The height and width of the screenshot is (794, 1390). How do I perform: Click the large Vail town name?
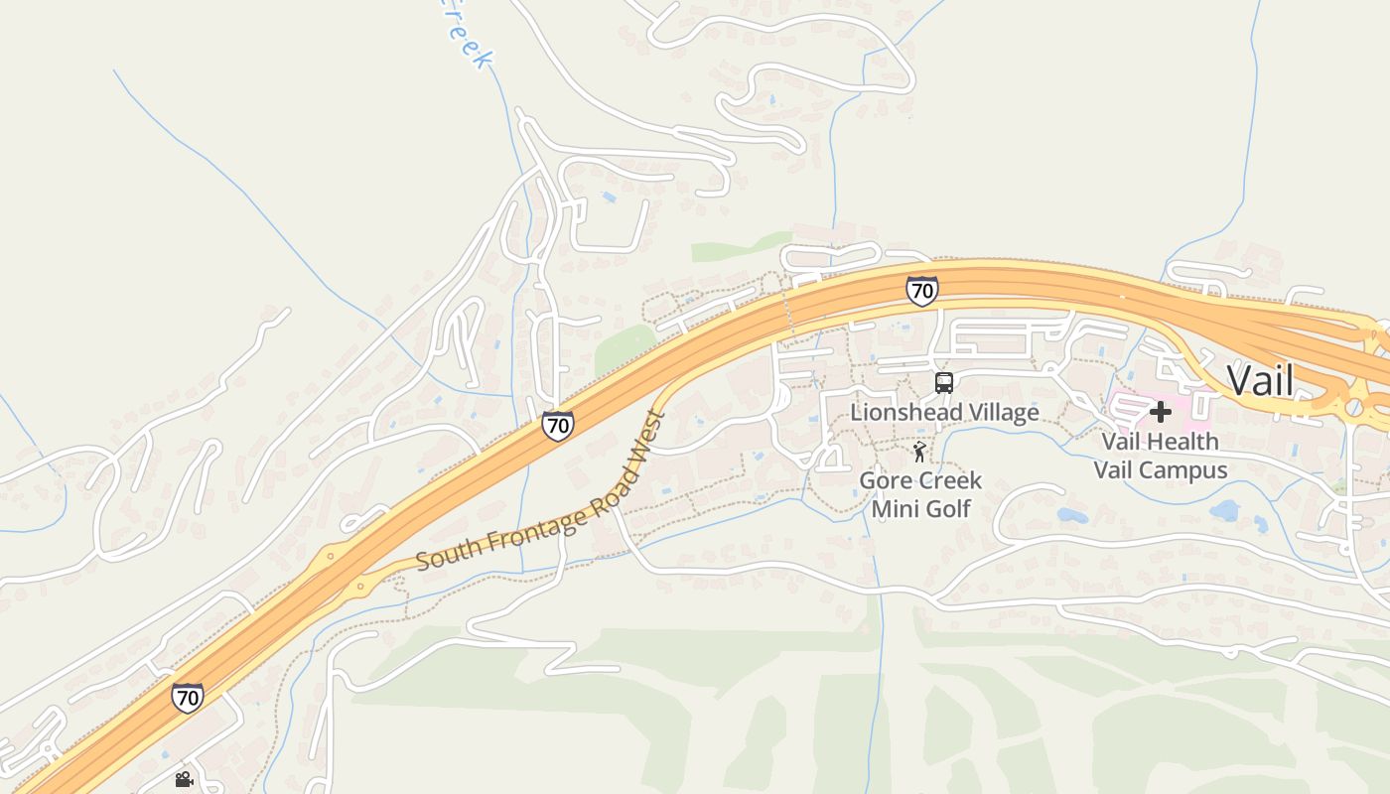[x=1260, y=380]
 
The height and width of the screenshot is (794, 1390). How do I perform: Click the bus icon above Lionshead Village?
[x=944, y=382]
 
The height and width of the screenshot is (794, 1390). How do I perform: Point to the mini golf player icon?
[x=919, y=454]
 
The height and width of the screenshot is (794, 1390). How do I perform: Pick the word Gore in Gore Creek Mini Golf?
[x=883, y=481]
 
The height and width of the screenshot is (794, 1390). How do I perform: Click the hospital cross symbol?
[x=1160, y=411]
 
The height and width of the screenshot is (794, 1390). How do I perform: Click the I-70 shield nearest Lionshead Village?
[x=922, y=291]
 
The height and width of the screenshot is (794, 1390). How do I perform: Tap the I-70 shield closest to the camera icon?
[x=187, y=697]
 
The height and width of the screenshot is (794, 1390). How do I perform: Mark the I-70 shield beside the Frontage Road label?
[x=557, y=426]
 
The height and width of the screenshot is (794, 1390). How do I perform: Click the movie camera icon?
[x=184, y=779]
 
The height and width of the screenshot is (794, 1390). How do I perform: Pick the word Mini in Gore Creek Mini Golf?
[x=893, y=509]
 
